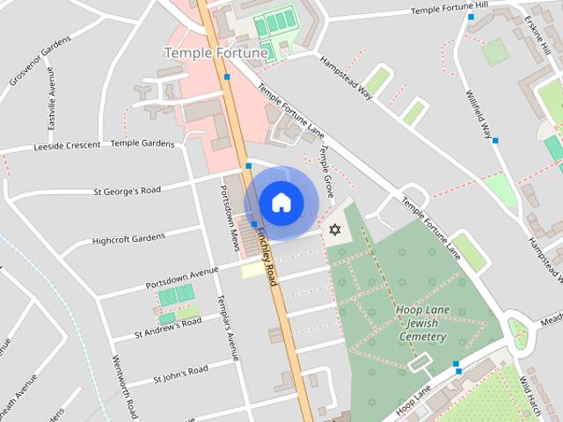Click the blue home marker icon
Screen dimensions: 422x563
(281, 203)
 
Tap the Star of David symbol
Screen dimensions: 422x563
(333, 229)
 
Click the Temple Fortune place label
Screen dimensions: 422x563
(216, 54)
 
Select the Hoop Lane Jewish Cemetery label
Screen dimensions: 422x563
(422, 324)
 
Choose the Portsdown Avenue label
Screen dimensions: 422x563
(181, 280)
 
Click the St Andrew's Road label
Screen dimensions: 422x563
(168, 328)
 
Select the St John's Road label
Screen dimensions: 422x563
(180, 374)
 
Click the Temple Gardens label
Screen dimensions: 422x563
(143, 143)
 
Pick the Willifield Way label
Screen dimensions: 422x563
(479, 113)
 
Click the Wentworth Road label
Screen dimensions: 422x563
(123, 386)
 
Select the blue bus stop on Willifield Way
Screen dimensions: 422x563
(495, 141)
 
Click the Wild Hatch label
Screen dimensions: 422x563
(531, 397)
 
